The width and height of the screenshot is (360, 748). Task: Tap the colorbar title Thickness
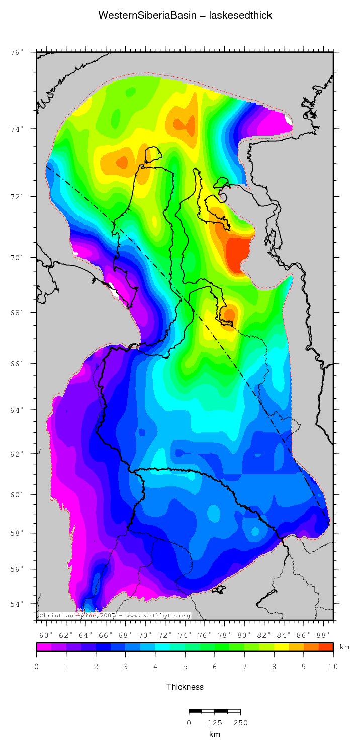(185, 687)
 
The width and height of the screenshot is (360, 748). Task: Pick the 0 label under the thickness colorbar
(36, 666)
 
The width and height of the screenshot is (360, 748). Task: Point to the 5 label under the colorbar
(185, 666)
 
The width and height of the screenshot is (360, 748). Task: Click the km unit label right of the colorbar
(344, 647)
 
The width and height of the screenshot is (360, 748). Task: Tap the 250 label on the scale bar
(241, 723)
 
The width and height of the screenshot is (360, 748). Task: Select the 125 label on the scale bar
(215, 723)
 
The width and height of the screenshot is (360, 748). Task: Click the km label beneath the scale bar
(215, 734)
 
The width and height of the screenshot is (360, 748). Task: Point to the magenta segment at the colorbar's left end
(44, 647)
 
